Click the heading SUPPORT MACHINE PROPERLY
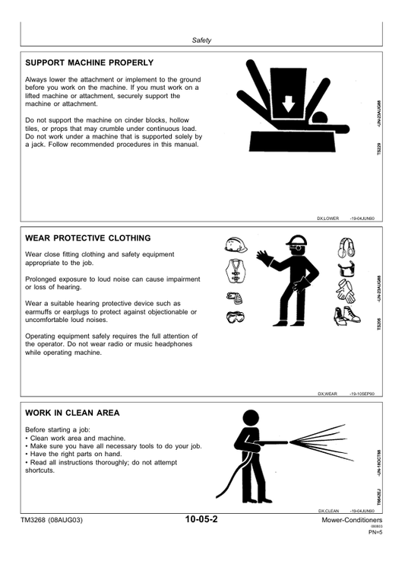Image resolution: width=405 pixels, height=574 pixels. click(x=89, y=62)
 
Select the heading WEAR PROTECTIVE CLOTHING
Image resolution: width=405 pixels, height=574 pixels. click(x=87, y=238)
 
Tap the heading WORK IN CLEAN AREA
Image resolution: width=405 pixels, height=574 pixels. click(x=72, y=413)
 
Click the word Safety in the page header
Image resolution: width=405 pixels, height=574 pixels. click(x=201, y=40)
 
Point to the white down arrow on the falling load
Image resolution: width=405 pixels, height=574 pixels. click(x=289, y=104)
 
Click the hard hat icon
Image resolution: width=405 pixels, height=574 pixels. click(x=236, y=245)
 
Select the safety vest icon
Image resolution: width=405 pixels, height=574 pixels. click(x=235, y=271)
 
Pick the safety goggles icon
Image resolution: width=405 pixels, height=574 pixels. click(x=235, y=317)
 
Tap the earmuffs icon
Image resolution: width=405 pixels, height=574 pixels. click(x=346, y=247)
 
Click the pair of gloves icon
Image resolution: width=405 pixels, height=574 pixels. click(x=346, y=291)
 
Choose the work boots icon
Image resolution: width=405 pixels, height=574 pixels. click(x=346, y=316)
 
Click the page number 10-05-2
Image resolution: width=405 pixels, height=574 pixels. click(x=201, y=519)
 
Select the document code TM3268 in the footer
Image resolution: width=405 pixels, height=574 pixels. click(x=33, y=520)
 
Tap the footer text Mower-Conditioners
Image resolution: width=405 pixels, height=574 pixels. click(x=352, y=520)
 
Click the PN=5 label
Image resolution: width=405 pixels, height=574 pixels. click(x=375, y=532)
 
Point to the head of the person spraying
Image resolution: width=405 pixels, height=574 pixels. click(x=251, y=418)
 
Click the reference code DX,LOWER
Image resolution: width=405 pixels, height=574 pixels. click(x=327, y=218)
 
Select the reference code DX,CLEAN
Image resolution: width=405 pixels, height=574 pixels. click(x=328, y=511)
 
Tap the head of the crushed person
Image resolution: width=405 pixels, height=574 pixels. click(x=320, y=119)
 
